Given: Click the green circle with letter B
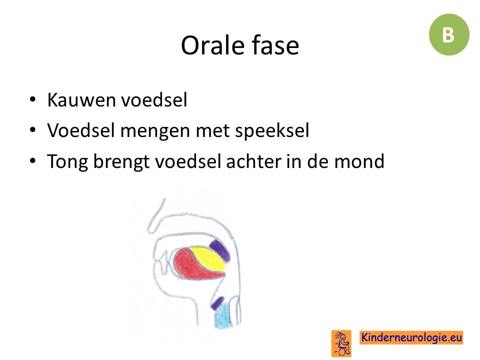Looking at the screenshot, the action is (449, 34).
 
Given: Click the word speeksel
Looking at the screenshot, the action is (272, 131).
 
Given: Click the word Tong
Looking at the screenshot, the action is (67, 162).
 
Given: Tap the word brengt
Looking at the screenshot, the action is (121, 162).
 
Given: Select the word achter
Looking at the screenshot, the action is (254, 161).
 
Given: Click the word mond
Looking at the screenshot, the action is (359, 161).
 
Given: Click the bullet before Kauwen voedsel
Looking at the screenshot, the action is (32, 100).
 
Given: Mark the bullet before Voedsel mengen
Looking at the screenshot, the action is (32, 130).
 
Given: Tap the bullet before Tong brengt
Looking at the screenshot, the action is (32, 161).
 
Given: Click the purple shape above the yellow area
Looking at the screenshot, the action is (220, 250).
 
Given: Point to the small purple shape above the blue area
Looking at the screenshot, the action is (218, 303).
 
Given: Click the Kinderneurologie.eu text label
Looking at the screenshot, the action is (411, 337).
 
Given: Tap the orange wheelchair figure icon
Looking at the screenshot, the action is (341, 343).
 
